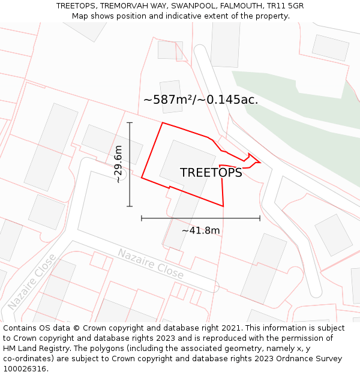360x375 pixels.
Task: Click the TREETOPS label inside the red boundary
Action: [211, 173]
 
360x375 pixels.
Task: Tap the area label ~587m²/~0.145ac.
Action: [200, 100]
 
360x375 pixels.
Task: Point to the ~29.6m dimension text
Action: [118, 164]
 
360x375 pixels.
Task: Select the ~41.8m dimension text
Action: [200, 230]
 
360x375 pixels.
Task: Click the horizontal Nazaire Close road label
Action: [150, 263]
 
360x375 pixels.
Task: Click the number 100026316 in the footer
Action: [25, 369]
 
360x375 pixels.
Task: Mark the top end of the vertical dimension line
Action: [130, 122]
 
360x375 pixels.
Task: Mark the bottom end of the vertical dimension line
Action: [130, 206]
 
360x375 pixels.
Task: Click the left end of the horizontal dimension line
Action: [142, 218]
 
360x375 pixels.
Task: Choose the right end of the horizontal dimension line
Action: [260, 218]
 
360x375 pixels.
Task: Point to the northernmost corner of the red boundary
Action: [163, 123]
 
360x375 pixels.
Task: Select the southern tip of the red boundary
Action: [223, 206]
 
